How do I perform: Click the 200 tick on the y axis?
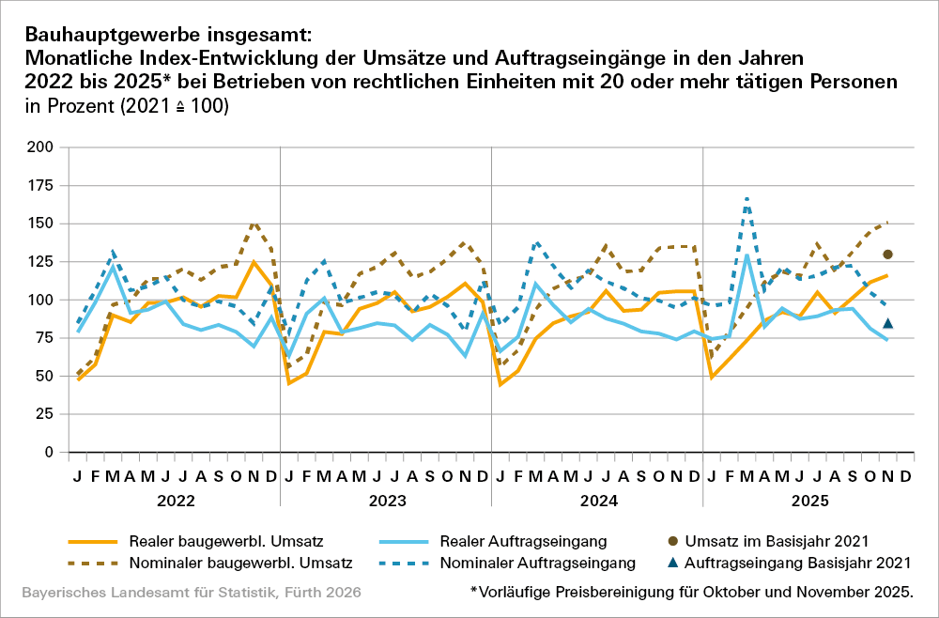point(40,147)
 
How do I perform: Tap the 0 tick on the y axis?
point(49,452)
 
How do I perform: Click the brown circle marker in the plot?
point(887,255)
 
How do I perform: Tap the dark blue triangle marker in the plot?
point(887,323)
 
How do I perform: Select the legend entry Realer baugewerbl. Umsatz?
point(196,541)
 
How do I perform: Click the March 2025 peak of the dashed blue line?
point(747,198)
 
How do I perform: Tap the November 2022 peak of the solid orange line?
point(254,262)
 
